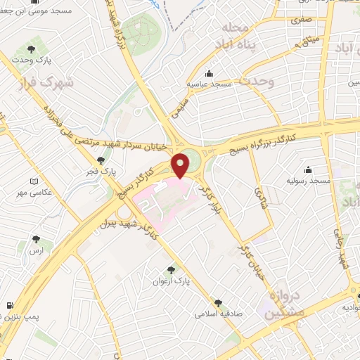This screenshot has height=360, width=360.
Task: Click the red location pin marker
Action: tap(181, 165)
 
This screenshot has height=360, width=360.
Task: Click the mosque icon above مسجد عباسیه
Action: tap(209, 73)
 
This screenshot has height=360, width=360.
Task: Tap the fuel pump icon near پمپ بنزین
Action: tap(9, 307)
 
